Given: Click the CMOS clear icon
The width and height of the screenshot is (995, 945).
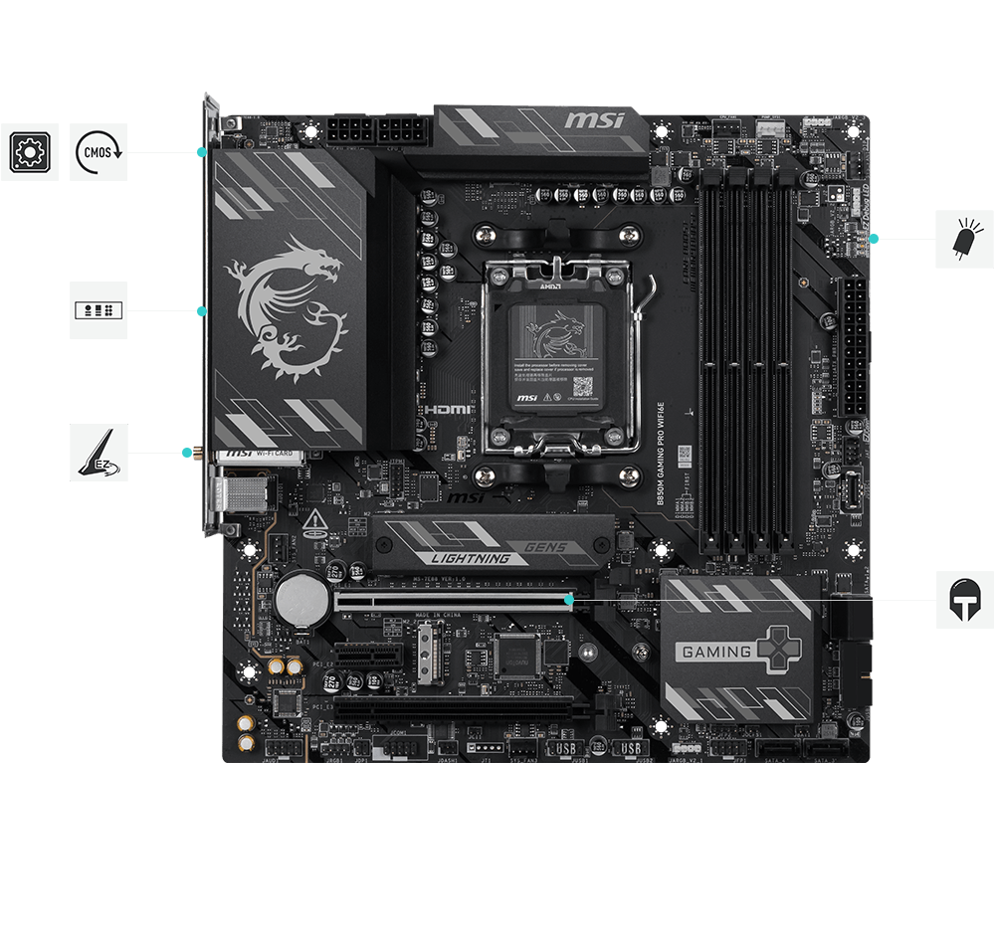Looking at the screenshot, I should (x=99, y=152).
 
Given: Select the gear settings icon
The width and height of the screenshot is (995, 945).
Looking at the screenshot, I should (x=28, y=152).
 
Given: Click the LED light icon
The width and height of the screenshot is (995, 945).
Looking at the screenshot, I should (x=964, y=239).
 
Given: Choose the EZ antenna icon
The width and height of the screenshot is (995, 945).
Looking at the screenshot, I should (x=99, y=453).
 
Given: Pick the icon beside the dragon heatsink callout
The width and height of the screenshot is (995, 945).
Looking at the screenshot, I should (x=99, y=310).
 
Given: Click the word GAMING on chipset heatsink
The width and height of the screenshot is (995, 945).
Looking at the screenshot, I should (x=714, y=653).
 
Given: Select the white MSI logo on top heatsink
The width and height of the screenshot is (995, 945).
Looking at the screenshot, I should (x=594, y=121).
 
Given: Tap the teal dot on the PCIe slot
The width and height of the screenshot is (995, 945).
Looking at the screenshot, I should (x=568, y=600).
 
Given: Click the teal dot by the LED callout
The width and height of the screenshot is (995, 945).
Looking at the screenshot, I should (x=874, y=239).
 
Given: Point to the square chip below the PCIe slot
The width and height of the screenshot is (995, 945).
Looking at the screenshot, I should (x=515, y=656).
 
